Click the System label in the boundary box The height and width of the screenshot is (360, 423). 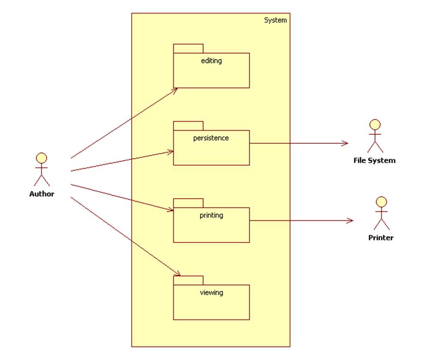pyautogui.click(x=275, y=20)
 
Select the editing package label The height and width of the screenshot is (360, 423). pyautogui.click(x=211, y=61)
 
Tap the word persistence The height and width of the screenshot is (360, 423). pyautogui.click(x=211, y=138)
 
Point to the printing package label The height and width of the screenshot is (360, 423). pyautogui.click(x=211, y=215)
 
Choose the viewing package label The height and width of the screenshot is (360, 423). pyautogui.click(x=211, y=293)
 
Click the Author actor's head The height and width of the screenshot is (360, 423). pyautogui.click(x=42, y=158)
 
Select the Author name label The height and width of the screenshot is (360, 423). pyautogui.click(x=42, y=194)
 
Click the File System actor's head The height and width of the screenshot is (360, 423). pyautogui.click(x=375, y=125)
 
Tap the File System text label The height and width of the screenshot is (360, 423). pyautogui.click(x=374, y=160)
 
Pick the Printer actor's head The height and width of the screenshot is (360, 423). pyautogui.click(x=381, y=202)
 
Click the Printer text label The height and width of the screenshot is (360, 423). pyautogui.click(x=381, y=238)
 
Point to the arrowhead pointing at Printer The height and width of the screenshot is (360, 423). pyautogui.click(x=350, y=221)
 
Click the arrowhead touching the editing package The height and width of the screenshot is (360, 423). pyautogui.click(x=175, y=90)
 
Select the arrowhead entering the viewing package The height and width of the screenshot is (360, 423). pyautogui.click(x=177, y=274)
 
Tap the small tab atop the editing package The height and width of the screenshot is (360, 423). pyautogui.click(x=188, y=48)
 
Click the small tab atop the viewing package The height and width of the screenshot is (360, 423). pyautogui.click(x=188, y=280)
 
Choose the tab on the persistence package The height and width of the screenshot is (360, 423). pyautogui.click(x=188, y=126)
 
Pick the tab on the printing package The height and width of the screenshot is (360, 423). pyautogui.click(x=188, y=203)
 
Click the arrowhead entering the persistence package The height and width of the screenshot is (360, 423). pyautogui.click(x=171, y=151)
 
